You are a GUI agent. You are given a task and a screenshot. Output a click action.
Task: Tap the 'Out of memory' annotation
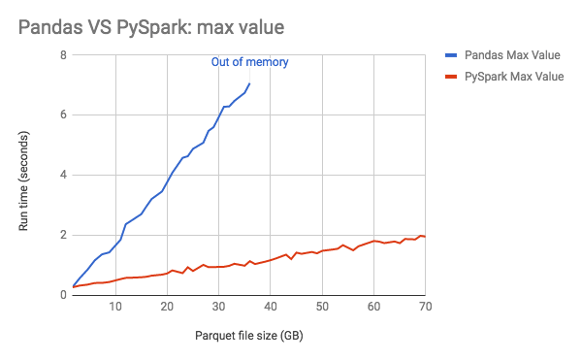pos(250,62)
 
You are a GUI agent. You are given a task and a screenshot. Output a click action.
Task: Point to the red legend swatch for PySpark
pos(450,77)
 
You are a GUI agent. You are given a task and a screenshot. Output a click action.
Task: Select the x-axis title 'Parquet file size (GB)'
pos(248,335)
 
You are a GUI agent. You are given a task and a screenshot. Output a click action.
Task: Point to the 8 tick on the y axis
pos(62,55)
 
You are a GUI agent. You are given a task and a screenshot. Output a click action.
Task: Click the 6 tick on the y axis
pos(62,115)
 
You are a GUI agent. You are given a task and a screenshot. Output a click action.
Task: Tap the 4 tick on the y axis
pos(62,176)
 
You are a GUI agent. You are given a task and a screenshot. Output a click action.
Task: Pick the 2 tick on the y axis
pos(62,236)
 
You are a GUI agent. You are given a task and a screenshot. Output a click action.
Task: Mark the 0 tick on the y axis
pos(62,295)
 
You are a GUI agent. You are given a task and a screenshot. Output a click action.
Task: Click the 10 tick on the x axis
pos(115,308)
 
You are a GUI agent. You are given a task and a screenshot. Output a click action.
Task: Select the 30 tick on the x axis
pos(219,308)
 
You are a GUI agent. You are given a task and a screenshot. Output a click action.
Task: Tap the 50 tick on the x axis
pos(322,308)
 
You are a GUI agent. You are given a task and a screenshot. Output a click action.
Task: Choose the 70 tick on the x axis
pos(424,308)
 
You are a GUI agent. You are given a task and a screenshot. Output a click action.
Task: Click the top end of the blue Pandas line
pos(249,83)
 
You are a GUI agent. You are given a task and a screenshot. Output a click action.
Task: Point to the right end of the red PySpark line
pos(425,237)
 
